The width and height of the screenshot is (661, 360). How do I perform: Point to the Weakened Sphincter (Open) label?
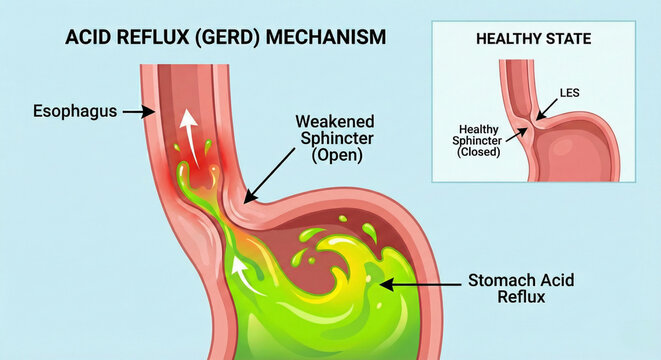pyautogui.click(x=330, y=139)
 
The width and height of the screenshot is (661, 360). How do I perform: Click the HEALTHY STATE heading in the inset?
pyautogui.click(x=532, y=40)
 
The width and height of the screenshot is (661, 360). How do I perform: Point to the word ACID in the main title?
pyautogui.click(x=87, y=39)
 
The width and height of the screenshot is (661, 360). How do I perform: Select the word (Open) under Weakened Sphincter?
pyautogui.click(x=331, y=158)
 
